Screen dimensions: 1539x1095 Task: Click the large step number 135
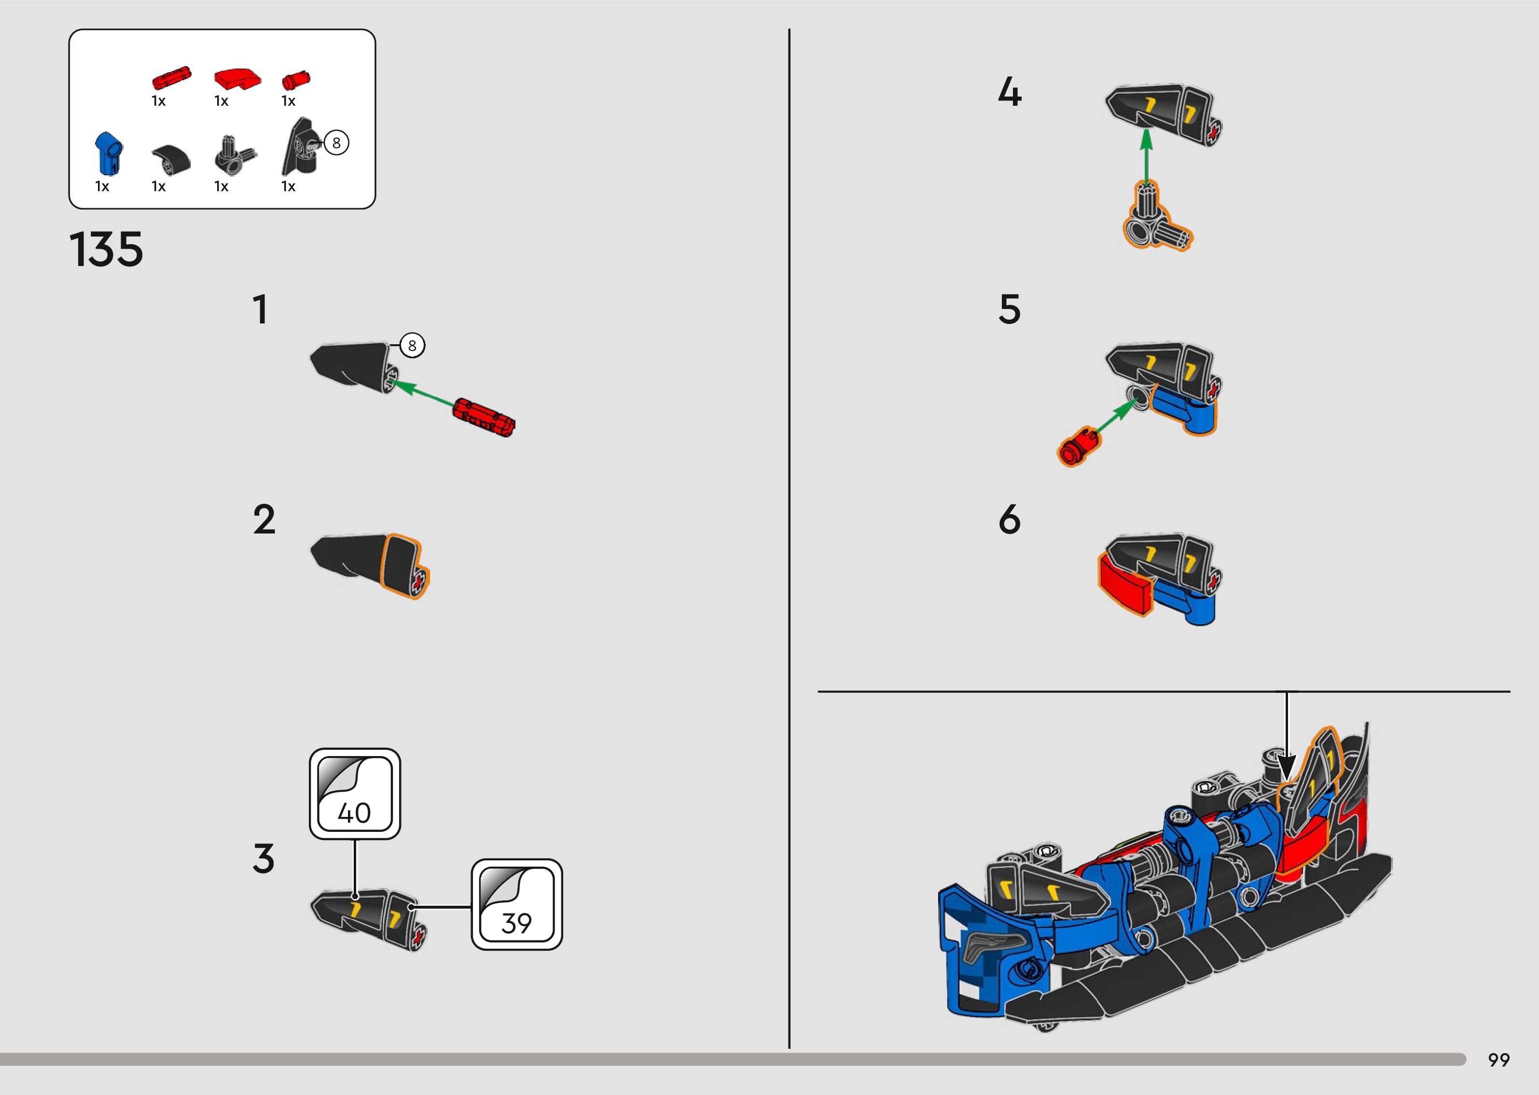click(107, 250)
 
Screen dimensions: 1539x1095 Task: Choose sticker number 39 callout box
click(517, 904)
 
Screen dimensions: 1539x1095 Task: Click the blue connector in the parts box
click(107, 153)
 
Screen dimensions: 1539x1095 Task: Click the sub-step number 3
click(263, 858)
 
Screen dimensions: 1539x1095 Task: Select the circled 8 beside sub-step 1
click(412, 346)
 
